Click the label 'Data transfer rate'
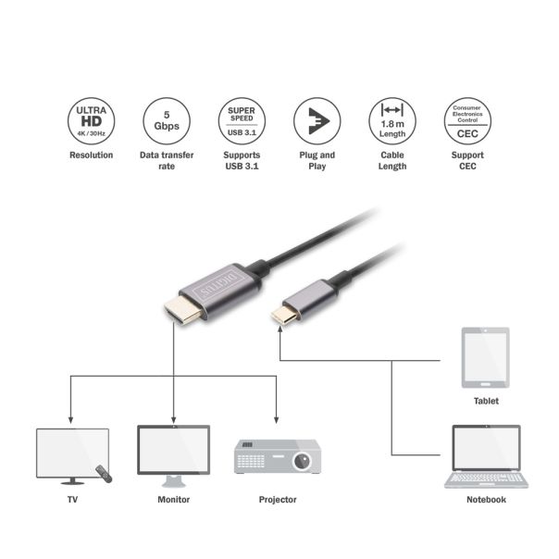click(166, 161)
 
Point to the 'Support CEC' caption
click(467, 161)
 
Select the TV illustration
click(69, 453)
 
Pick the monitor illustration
click(173, 453)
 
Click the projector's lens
click(302, 459)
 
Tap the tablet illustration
click(485, 358)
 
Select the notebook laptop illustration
click(485, 458)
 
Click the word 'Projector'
click(278, 500)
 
